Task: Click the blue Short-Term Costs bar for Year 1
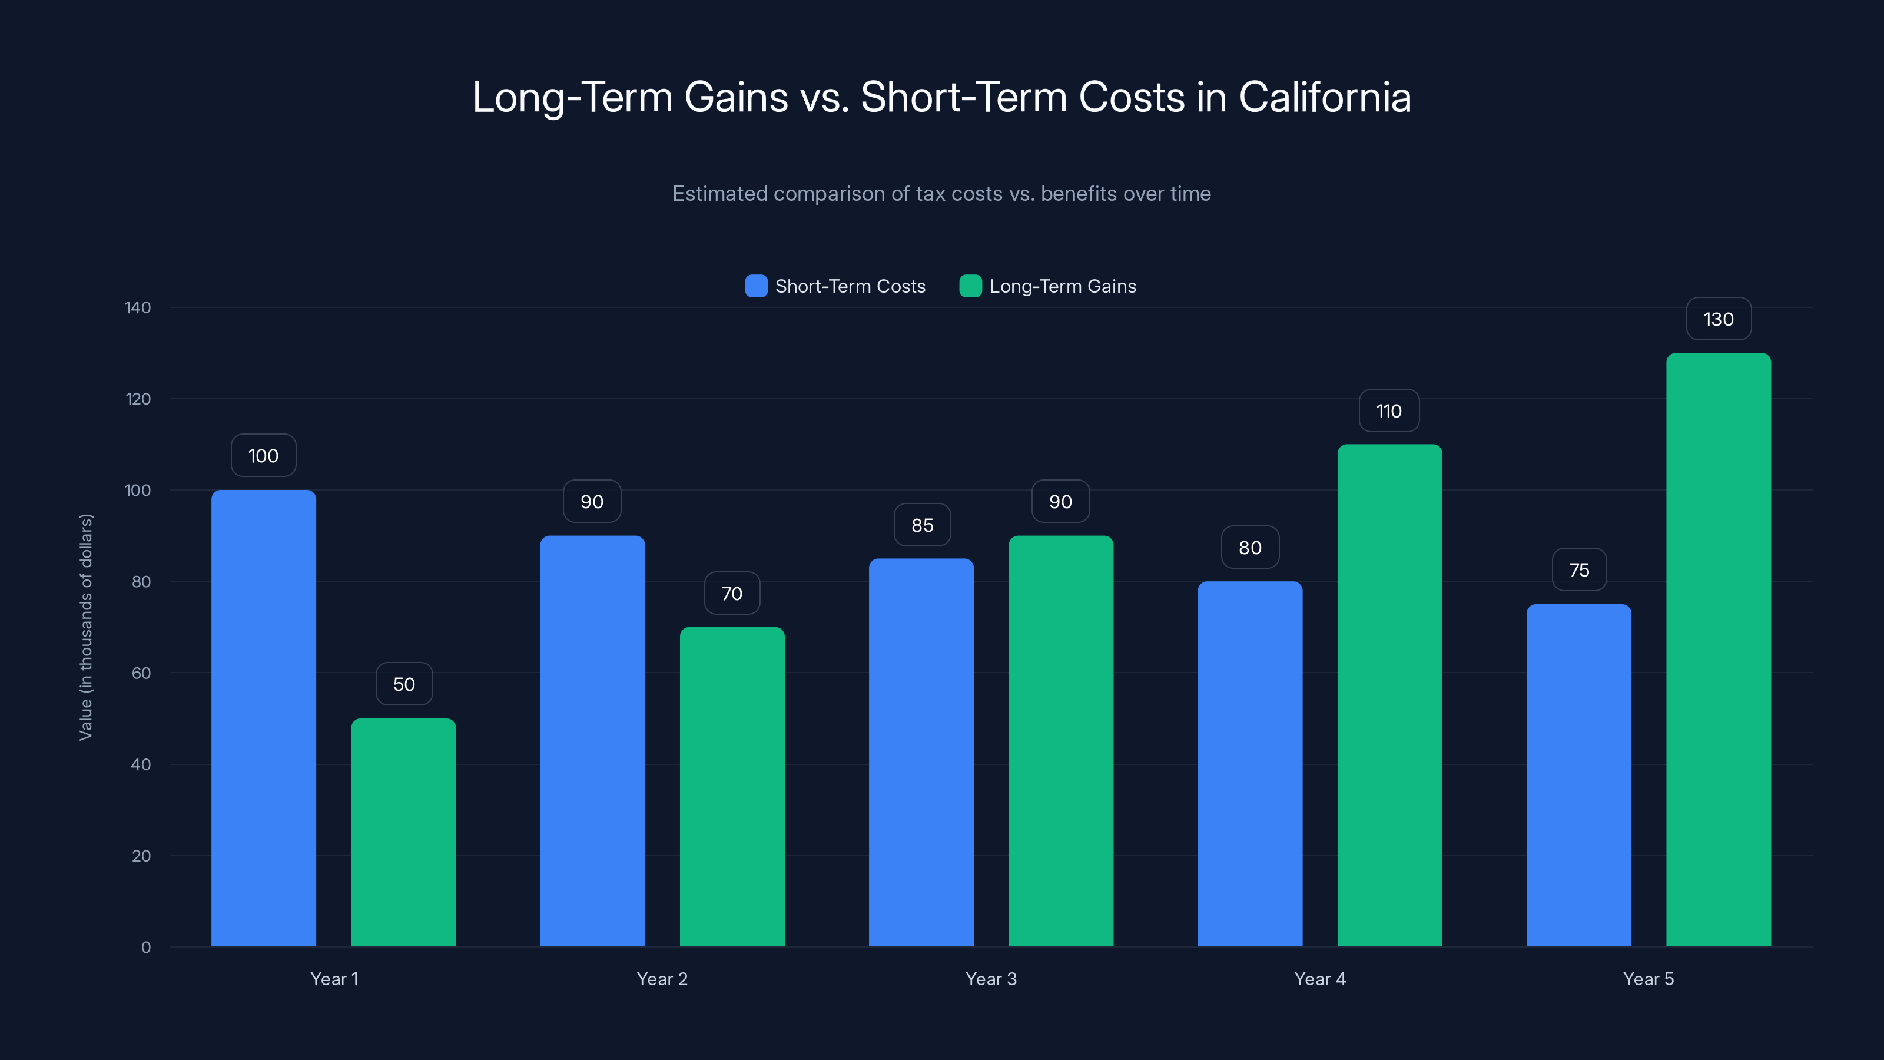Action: (263, 717)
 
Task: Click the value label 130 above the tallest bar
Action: (1718, 319)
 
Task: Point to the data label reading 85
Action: (921, 525)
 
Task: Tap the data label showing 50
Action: (404, 684)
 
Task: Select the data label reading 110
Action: (1389, 411)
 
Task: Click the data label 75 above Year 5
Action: (1579, 570)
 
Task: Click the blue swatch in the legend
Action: (755, 286)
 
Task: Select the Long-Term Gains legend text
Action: (1062, 286)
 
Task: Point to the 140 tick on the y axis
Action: (138, 307)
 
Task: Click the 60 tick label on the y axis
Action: (141, 673)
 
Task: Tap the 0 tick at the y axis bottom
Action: (145, 948)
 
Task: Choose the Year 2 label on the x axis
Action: (662, 979)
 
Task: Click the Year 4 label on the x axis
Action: (1319, 979)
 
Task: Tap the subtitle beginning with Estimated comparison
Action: (941, 194)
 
